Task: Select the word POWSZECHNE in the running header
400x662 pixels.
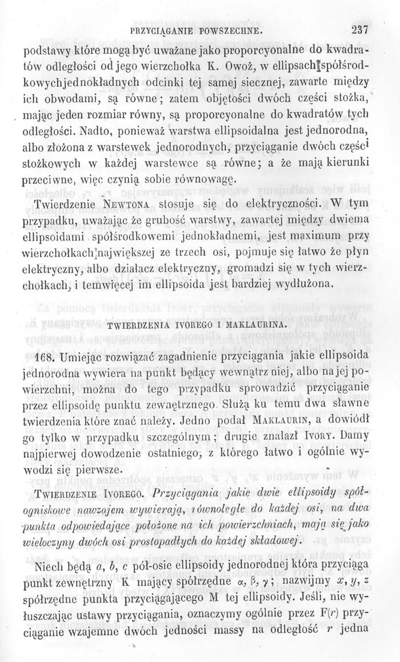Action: pyautogui.click(x=229, y=29)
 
